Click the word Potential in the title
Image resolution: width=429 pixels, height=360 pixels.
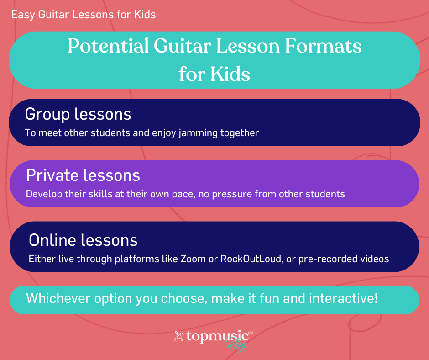[108, 46]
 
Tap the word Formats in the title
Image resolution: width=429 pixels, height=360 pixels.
[323, 46]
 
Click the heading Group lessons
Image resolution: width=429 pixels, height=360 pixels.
[78, 114]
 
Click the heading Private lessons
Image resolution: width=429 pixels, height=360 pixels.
[83, 175]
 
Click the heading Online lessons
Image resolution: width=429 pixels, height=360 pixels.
[83, 240]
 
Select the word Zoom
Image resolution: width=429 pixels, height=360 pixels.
[193, 259]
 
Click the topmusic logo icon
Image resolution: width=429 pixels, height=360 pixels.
[179, 336]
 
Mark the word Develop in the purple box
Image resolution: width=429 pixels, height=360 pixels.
[44, 195]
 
